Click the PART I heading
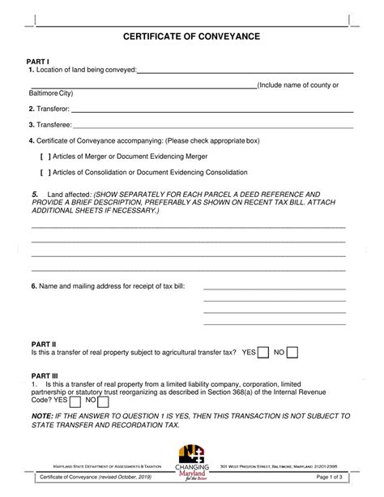pyautogui.click(x=38, y=61)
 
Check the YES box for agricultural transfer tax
pyautogui.click(x=264, y=353)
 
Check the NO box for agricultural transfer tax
pyautogui.click(x=293, y=353)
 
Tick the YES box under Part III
pyautogui.click(x=75, y=401)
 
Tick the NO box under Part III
pyautogui.click(x=104, y=401)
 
